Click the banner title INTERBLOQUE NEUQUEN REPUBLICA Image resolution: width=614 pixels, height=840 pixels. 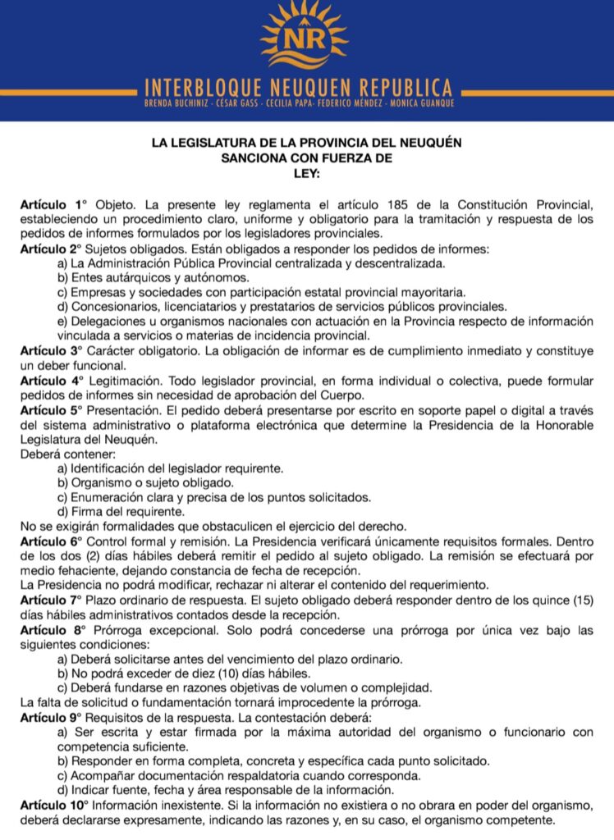coord(298,87)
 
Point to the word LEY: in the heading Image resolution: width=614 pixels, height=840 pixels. coord(306,173)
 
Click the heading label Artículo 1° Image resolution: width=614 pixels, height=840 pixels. coord(53,203)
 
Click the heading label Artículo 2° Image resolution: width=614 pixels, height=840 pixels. coord(53,249)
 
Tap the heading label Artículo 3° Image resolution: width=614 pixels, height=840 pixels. coord(53,351)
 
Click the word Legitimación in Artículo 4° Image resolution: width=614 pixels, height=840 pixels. coord(126,381)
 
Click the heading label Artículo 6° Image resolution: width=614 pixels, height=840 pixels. coord(53,541)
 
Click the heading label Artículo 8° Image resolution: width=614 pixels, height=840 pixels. coord(53,630)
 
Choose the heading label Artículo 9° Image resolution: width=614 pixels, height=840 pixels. coord(53,717)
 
